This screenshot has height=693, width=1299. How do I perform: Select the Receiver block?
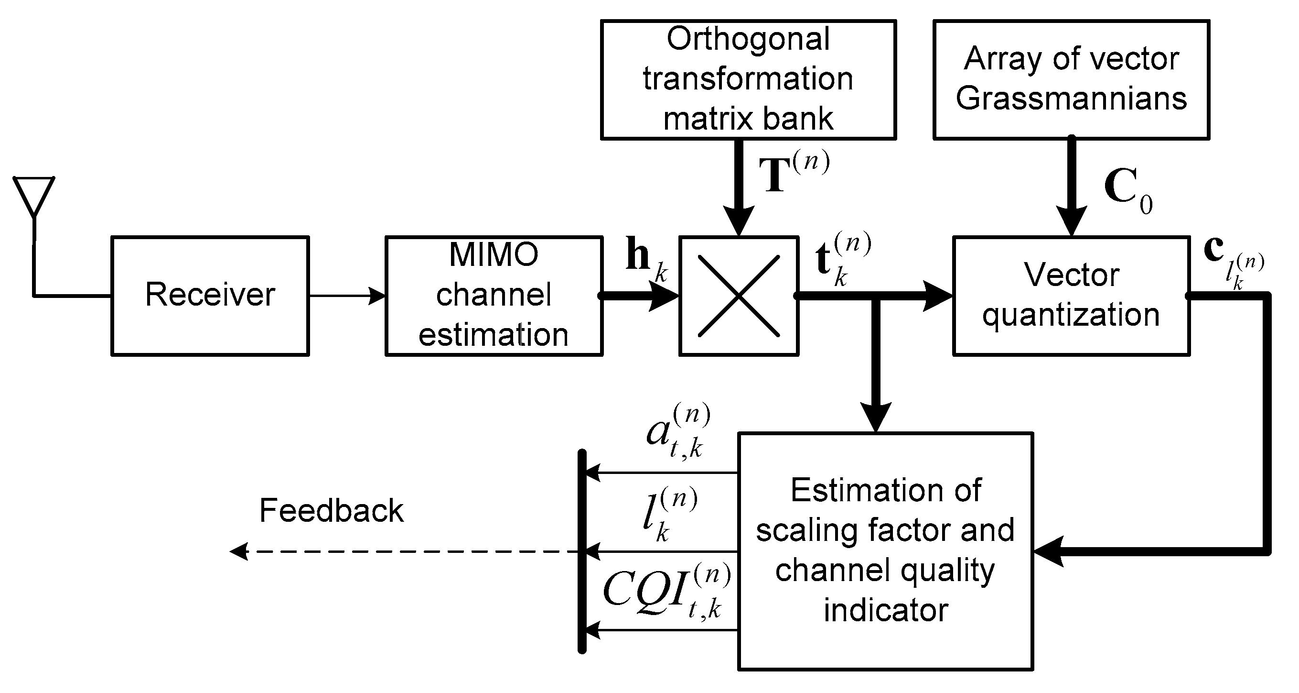coord(210,296)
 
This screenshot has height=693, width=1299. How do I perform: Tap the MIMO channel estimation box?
coord(494,296)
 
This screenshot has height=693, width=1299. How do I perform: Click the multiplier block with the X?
coord(738,296)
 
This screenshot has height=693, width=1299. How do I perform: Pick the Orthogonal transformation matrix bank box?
coord(748,79)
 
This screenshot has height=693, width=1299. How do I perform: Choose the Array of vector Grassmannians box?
coord(1071,79)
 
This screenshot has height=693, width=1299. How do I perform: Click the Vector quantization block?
coord(1071,296)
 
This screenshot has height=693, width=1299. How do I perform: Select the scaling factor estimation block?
coord(885,550)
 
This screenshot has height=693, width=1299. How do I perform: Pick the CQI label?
coord(666,591)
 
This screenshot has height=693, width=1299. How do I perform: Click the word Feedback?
coord(331,510)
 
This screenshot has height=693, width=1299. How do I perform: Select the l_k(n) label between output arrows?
coord(668,515)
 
